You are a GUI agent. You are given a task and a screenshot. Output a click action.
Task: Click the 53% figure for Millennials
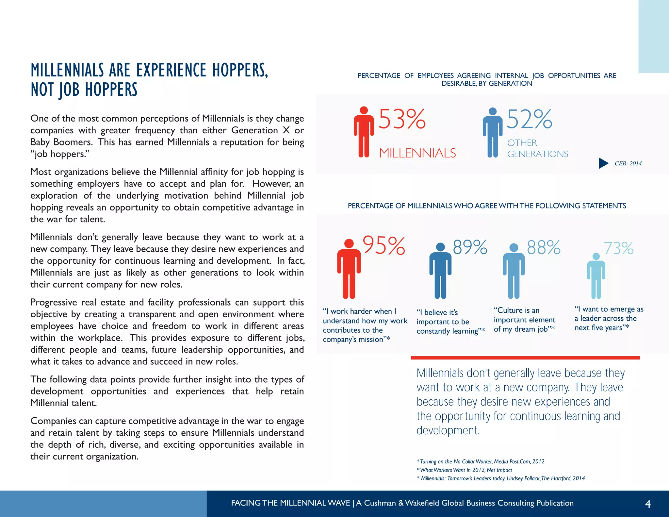[402, 119]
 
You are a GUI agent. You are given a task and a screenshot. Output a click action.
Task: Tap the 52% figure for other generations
[530, 119]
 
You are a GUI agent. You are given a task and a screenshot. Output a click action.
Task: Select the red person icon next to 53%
[364, 132]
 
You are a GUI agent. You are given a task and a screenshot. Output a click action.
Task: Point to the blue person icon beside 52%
[493, 133]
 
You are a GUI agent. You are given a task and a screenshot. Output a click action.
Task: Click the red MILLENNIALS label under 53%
[417, 153]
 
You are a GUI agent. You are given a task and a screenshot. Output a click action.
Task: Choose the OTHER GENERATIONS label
[537, 148]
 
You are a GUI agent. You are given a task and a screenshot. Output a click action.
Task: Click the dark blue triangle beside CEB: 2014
[603, 163]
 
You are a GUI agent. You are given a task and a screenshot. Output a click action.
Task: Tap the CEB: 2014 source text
[628, 163]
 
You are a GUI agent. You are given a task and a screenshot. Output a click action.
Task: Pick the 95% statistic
[384, 246]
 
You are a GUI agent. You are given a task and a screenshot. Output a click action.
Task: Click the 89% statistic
[470, 247]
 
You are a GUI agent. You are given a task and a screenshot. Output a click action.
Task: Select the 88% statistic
[544, 247]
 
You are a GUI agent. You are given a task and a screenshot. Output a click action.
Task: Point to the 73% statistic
[618, 249]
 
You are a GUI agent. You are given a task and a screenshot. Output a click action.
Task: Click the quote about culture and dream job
[524, 320]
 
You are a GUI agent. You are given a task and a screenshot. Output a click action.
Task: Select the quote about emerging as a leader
[609, 318]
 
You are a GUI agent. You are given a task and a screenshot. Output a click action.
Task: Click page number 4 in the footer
[648, 504]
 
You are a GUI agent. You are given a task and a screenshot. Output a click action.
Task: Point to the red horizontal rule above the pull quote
[525, 358]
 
